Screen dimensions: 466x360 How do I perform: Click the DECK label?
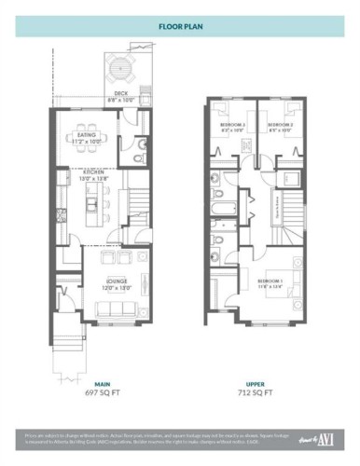coord(120,94)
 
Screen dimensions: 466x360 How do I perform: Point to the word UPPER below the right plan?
coord(255,382)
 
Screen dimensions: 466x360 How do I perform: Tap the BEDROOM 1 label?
coord(270,281)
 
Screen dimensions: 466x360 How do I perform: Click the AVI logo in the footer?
coord(327,438)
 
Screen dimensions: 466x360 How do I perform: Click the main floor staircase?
coord(137,199)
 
